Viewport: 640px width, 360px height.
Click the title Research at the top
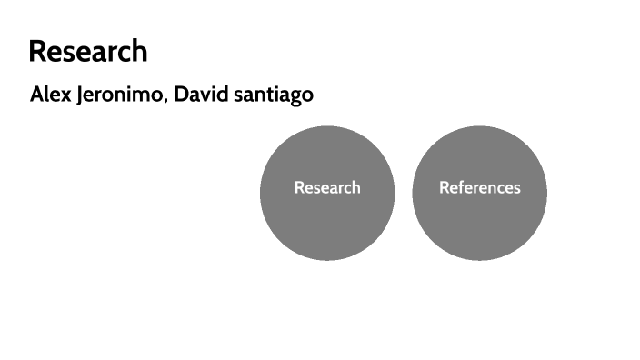(87, 51)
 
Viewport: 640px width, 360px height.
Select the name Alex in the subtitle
(50, 95)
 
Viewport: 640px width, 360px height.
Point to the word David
(200, 95)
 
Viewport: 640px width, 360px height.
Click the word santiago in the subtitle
(272, 95)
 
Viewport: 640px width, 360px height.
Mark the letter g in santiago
(293, 97)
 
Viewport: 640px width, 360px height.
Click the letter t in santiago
(265, 95)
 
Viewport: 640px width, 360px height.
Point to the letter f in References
(462, 187)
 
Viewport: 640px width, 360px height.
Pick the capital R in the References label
(445, 187)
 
